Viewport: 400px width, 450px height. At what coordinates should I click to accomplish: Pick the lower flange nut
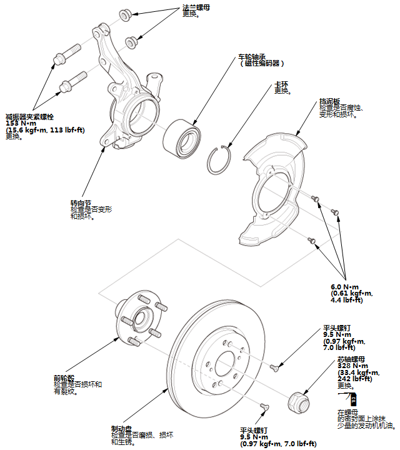click(x=131, y=42)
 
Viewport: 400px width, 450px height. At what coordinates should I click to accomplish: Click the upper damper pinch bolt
click(x=68, y=51)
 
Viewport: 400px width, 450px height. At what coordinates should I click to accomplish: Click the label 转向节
click(x=81, y=203)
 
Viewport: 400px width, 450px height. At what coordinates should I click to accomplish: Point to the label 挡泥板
click(x=329, y=101)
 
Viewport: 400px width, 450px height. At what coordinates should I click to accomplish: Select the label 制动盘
click(x=121, y=429)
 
